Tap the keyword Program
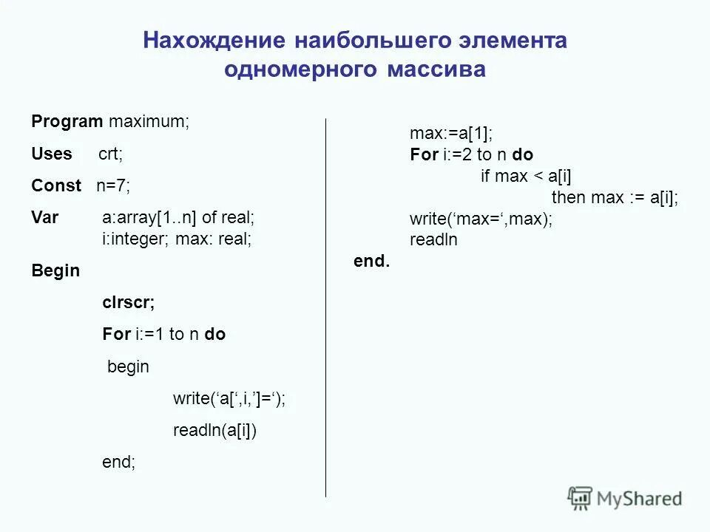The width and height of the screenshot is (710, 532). (x=67, y=122)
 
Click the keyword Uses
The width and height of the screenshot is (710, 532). (x=52, y=154)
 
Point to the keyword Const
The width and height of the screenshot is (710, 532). (x=56, y=185)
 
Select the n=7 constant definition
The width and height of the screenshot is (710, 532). (x=112, y=185)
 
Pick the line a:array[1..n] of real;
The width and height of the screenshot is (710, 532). (x=177, y=217)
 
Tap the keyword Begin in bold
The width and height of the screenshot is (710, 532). (x=55, y=271)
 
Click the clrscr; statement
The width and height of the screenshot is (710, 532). (x=128, y=302)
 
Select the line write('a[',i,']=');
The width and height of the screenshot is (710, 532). (x=229, y=399)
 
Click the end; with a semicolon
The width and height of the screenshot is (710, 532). (x=118, y=463)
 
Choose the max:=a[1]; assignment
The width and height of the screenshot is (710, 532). (x=451, y=134)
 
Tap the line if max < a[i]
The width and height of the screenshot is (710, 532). (x=527, y=176)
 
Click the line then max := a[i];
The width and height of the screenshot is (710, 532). (x=615, y=197)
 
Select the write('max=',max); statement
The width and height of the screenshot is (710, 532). (x=481, y=219)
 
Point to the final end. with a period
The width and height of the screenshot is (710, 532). (x=372, y=262)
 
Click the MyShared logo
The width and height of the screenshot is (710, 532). (x=624, y=498)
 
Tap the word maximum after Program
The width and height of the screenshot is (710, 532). (x=149, y=122)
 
